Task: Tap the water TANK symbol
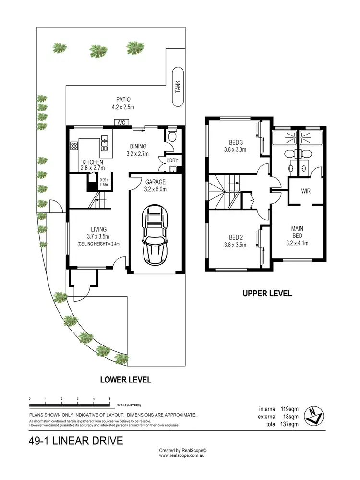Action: (x=178, y=86)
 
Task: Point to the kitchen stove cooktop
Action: (x=74, y=146)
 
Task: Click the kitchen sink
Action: (x=105, y=141)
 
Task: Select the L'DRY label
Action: (x=172, y=160)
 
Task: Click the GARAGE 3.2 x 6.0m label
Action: (x=156, y=185)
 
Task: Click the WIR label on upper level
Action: (x=306, y=191)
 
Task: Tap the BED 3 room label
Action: (x=235, y=146)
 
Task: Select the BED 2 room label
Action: (x=235, y=241)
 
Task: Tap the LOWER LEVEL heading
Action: (x=125, y=380)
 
